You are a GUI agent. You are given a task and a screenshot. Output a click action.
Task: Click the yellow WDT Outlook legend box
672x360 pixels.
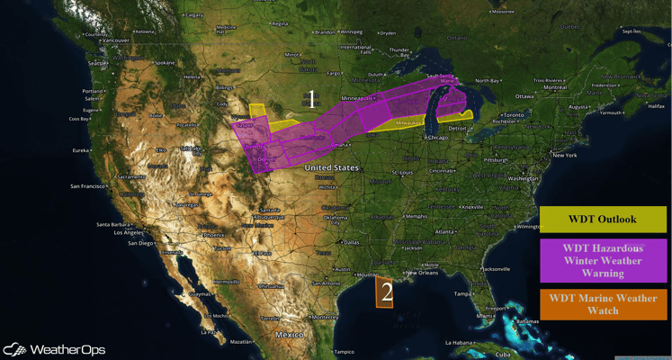tap(603, 220)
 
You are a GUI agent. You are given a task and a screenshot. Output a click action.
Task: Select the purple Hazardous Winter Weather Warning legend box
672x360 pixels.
tap(603, 260)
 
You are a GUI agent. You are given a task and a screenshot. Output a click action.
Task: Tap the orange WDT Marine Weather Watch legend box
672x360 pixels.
tap(603, 304)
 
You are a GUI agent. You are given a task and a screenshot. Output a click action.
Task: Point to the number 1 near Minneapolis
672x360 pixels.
tap(311, 98)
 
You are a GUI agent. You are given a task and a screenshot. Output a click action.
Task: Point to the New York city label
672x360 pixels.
tap(564, 155)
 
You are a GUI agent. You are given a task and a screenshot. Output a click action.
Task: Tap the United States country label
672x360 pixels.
tap(330, 168)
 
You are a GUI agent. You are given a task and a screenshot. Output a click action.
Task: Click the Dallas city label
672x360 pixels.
tap(352, 241)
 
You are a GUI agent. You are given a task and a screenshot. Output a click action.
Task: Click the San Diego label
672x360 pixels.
tap(141, 243)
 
